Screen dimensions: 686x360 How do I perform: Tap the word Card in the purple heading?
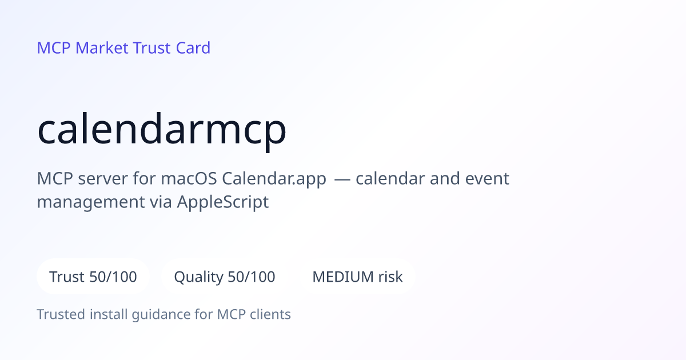(x=193, y=48)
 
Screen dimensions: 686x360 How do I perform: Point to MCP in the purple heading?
(x=54, y=48)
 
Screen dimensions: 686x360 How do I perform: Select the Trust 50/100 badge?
(x=93, y=277)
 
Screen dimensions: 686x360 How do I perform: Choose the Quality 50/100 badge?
(x=225, y=277)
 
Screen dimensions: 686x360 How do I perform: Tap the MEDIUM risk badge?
(x=357, y=277)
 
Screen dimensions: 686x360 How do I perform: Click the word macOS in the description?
(x=189, y=178)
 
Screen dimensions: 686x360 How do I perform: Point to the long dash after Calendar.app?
(x=342, y=179)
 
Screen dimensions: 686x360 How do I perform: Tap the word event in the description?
(x=487, y=179)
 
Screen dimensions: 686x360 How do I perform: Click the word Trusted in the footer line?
(x=61, y=314)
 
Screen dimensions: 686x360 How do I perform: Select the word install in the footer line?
(x=109, y=314)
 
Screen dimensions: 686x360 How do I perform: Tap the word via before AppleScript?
(x=161, y=202)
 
